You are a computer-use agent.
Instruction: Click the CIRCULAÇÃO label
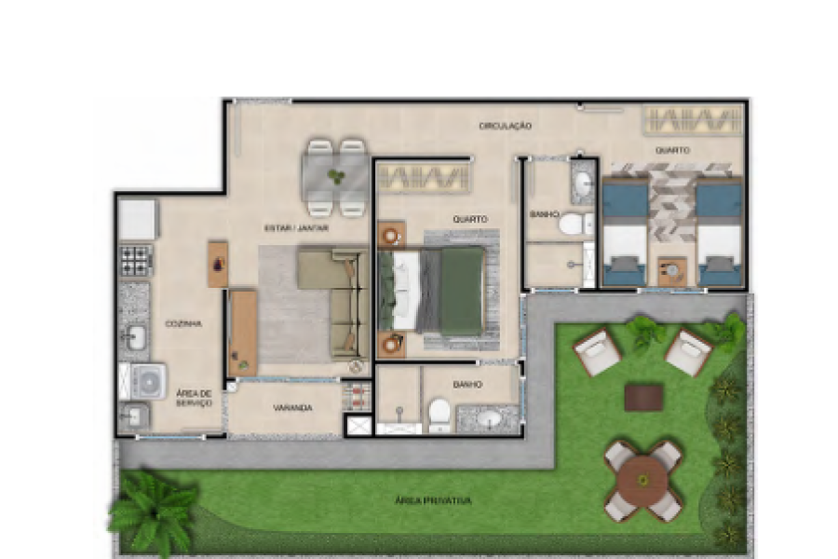point(505,126)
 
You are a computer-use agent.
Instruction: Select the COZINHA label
point(183,323)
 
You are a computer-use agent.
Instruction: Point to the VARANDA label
point(292,408)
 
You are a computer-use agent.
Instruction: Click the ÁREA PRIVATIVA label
point(432,501)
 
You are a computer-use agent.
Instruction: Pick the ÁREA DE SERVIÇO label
point(194,398)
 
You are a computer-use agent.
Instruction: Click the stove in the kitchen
point(135,260)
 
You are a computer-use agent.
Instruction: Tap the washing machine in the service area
point(148,380)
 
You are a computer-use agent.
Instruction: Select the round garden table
point(642,481)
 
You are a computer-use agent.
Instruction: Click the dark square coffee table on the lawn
point(643,398)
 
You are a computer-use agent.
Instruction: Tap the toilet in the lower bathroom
point(439,412)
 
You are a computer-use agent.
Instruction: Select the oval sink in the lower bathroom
point(489,419)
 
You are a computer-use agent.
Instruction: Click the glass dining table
point(335,177)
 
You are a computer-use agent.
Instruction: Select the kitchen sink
point(135,336)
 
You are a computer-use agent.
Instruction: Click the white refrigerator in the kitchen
point(137,219)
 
